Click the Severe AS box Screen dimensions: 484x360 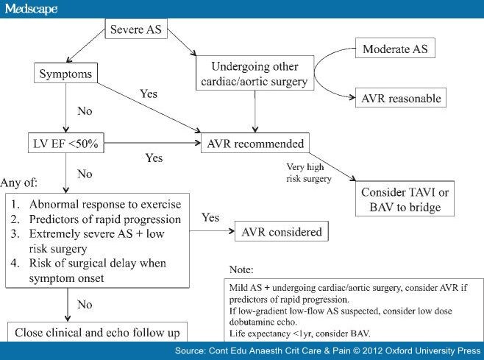(136, 29)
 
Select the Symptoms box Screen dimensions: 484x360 (65, 73)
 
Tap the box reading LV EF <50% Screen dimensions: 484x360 (65, 143)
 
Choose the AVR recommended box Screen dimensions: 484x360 (255, 143)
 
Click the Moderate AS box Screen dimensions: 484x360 (395, 48)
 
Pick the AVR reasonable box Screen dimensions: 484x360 (401, 98)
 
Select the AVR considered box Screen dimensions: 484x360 (282, 231)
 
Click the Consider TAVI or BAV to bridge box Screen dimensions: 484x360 (405, 199)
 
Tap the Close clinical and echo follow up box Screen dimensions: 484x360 (97, 332)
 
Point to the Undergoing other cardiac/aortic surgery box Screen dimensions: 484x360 (255, 73)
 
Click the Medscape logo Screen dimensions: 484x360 (31, 9)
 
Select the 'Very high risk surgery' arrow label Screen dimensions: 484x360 (309, 173)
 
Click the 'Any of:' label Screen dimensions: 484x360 (19, 183)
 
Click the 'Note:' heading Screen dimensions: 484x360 (241, 269)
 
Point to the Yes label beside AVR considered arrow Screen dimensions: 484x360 (210, 217)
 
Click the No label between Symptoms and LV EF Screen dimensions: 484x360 (85, 111)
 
